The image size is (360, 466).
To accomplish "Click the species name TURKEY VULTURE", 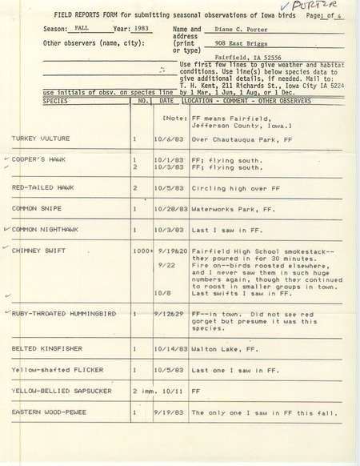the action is [x=41, y=139].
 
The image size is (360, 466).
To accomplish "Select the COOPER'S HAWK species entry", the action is [x=40, y=160].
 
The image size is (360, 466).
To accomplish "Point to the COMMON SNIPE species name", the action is [x=37, y=208].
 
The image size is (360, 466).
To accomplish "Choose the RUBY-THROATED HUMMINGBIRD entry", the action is [x=67, y=315].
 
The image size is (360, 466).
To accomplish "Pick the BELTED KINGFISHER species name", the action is [x=46, y=349].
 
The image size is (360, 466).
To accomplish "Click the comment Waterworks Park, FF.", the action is [x=225, y=208].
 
